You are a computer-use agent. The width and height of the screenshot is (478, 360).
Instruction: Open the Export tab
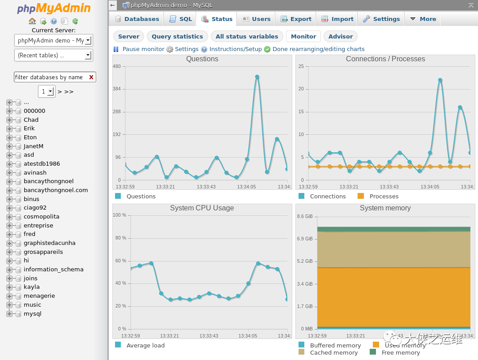click(x=296, y=19)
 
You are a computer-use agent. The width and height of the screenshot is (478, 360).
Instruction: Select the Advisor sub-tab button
click(x=340, y=37)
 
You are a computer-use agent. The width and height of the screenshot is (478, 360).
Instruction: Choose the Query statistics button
click(x=177, y=37)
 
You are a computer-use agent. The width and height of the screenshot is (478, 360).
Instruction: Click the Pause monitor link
click(x=143, y=49)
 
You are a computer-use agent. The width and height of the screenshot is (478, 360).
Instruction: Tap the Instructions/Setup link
click(x=235, y=49)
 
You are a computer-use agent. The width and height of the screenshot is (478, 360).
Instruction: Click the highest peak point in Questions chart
click(x=257, y=77)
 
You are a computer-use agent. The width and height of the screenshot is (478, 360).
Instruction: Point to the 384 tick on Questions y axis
click(x=116, y=89)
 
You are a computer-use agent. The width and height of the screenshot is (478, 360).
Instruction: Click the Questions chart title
click(x=202, y=59)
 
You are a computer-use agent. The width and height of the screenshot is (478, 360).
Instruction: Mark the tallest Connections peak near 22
click(x=440, y=80)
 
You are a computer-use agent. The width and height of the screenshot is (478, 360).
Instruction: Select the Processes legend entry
click(x=384, y=196)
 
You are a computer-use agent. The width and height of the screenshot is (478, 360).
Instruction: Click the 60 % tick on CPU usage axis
click(x=120, y=261)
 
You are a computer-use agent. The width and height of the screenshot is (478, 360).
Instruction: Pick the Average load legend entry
click(x=145, y=345)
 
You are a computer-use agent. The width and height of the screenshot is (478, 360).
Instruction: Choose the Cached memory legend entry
click(x=333, y=352)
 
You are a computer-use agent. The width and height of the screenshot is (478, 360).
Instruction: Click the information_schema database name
click(x=53, y=270)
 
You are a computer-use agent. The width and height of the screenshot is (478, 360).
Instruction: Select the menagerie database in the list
click(x=39, y=296)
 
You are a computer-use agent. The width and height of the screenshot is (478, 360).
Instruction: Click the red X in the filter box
click(x=91, y=77)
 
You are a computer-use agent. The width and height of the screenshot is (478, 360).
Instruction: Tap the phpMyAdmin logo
click(x=54, y=9)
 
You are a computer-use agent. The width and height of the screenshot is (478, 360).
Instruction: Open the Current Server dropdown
click(x=53, y=40)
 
